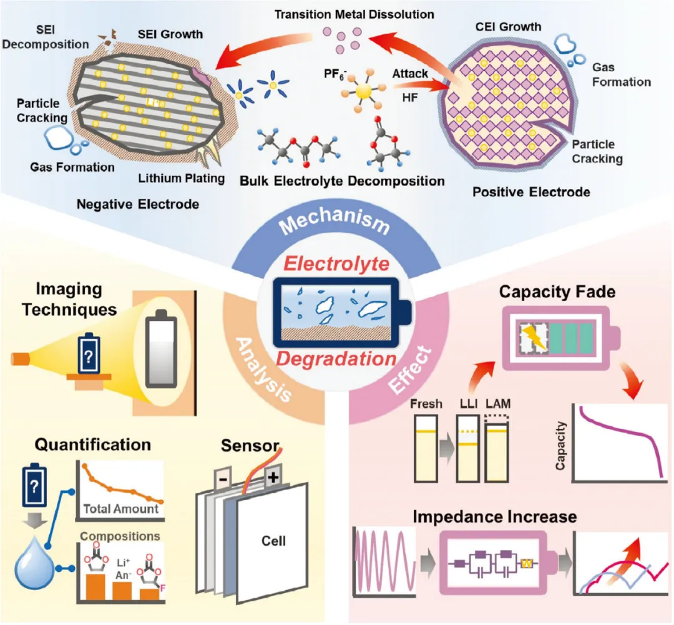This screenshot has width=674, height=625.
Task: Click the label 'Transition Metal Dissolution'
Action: pos(354,14)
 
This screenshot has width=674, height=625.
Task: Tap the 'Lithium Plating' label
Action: pos(182,178)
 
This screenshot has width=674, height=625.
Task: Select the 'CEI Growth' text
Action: pos(508,27)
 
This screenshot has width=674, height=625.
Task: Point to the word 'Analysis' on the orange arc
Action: pos(264,370)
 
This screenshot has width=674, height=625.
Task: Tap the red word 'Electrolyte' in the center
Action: pos(336,263)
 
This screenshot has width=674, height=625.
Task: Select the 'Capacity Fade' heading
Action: pos(557,292)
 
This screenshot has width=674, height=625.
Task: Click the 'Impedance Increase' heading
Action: pos(495,516)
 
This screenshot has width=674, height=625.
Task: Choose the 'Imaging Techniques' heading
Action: pos(69,299)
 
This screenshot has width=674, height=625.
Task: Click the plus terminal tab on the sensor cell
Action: pos(273,477)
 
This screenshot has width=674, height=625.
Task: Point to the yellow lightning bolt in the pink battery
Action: pos(534,337)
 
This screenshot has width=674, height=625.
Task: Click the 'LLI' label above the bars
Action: pos(468,404)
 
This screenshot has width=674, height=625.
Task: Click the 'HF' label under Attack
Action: pos(410,97)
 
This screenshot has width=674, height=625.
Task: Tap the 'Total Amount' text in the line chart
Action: pos(121,509)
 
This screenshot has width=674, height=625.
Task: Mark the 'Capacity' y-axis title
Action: pos(560,446)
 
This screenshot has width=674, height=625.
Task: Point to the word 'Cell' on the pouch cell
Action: pos(273,541)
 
